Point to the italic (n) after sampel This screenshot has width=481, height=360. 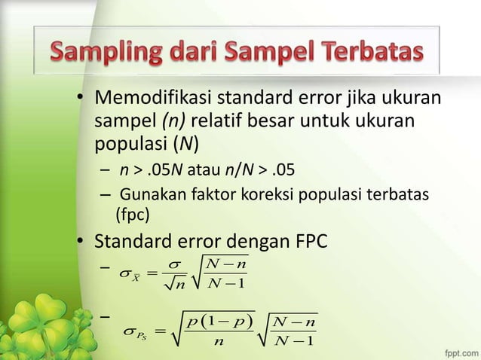coord(166,121)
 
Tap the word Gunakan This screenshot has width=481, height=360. coord(148,195)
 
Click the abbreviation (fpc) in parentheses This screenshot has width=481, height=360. coord(132,216)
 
